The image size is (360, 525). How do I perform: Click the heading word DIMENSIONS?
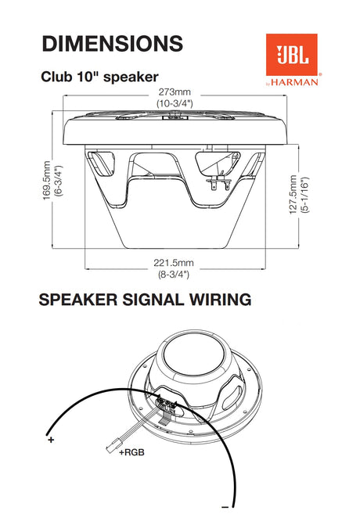(113, 44)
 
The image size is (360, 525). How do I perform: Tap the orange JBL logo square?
(292, 55)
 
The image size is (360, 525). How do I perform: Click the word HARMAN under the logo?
(294, 82)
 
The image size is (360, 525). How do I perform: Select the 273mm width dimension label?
(175, 92)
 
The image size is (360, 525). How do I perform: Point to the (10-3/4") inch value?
(175, 103)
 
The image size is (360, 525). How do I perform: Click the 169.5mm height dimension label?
(47, 181)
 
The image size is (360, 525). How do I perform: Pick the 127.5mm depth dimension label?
(293, 195)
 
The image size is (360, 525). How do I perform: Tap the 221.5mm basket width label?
(174, 263)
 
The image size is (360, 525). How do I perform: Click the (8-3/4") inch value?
(174, 275)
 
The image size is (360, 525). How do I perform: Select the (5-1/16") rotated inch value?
(305, 195)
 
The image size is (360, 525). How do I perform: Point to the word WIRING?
(221, 300)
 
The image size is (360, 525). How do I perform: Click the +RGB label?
(131, 453)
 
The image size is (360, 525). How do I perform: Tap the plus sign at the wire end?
(51, 440)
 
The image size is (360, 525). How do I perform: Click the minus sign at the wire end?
(225, 516)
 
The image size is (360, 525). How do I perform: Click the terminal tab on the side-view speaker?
(219, 182)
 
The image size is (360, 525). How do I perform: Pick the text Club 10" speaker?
(99, 77)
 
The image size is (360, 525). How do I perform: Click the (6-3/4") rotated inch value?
(59, 181)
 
